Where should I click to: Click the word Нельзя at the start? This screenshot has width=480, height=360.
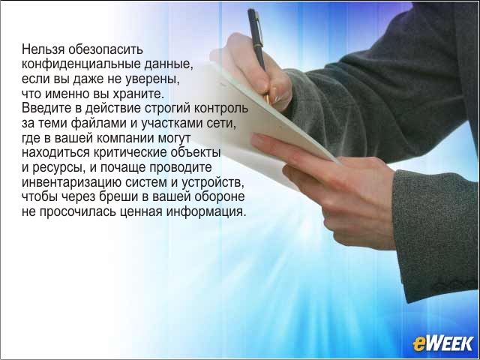(43, 49)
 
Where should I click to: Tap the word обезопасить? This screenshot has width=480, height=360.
(106, 49)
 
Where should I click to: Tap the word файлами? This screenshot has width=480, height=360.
(99, 123)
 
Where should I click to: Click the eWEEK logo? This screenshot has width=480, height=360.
(442, 343)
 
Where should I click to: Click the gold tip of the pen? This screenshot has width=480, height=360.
(267, 98)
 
